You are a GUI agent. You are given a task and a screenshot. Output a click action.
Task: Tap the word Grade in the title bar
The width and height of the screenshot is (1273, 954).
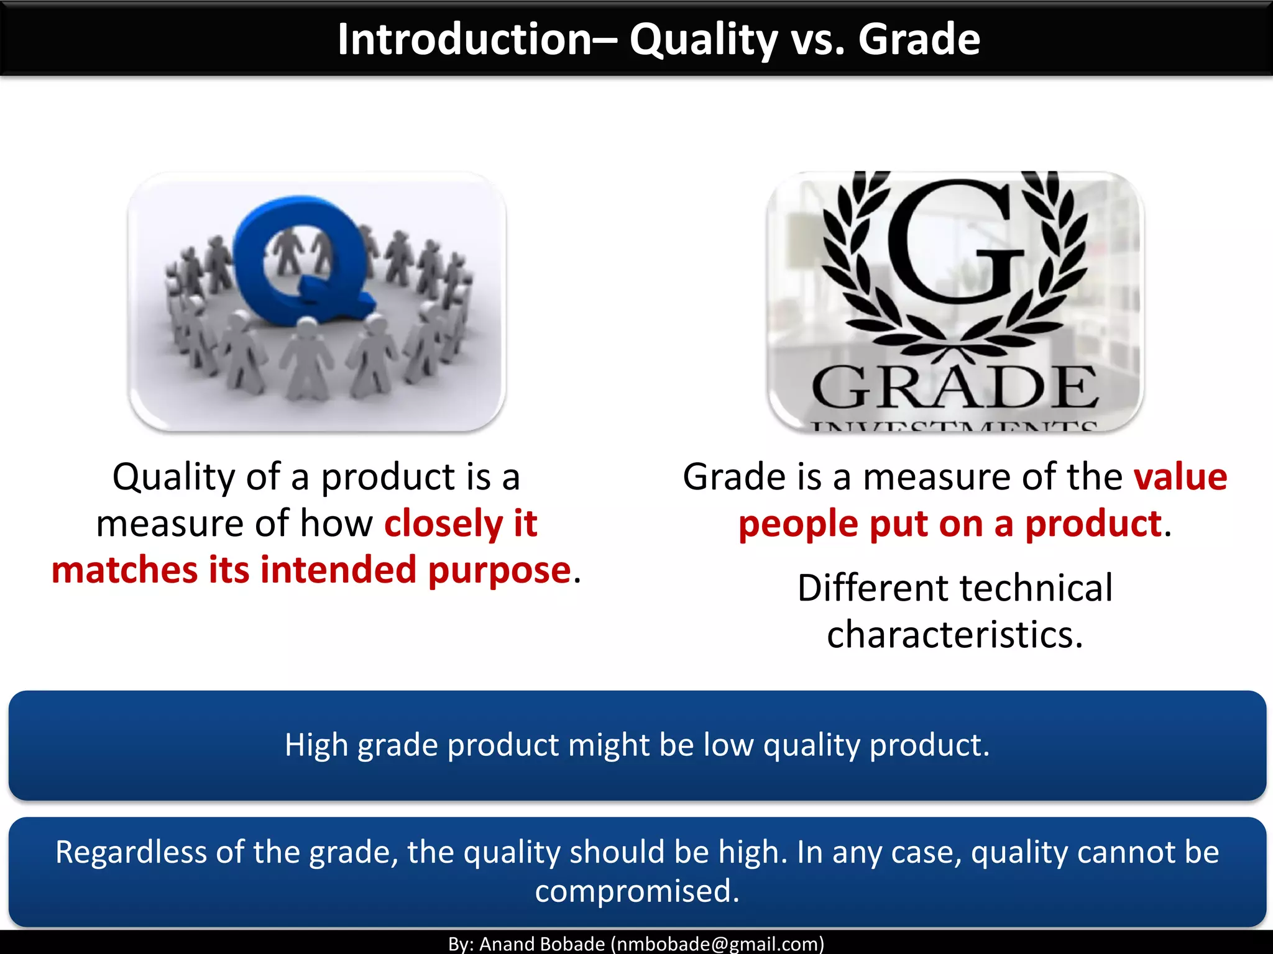pyautogui.click(x=919, y=39)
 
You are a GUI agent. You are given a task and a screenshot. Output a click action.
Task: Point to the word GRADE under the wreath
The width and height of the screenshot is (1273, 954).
pyautogui.click(x=955, y=388)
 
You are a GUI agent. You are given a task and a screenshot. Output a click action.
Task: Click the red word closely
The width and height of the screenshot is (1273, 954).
pyautogui.click(x=442, y=523)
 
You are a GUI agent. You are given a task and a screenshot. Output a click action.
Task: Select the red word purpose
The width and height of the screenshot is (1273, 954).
pyautogui.click(x=499, y=570)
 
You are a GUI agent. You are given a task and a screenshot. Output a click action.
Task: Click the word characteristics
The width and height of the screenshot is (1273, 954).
pyautogui.click(x=955, y=634)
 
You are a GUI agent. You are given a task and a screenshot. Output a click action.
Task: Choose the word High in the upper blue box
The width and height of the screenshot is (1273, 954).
pyautogui.click(x=316, y=744)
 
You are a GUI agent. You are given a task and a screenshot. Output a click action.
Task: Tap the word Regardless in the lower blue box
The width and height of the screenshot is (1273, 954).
pyautogui.click(x=131, y=852)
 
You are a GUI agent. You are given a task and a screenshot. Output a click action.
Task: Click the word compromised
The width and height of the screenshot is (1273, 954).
pyautogui.click(x=637, y=891)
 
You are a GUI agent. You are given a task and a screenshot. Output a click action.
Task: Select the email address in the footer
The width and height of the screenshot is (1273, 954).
pyautogui.click(x=717, y=944)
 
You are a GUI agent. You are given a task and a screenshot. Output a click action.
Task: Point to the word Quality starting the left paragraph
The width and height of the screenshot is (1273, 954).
pyautogui.click(x=173, y=477)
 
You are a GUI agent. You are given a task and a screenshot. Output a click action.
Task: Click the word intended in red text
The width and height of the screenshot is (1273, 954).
pyautogui.click(x=338, y=570)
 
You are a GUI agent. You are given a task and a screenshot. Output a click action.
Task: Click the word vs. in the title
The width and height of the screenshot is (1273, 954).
pyautogui.click(x=817, y=39)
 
